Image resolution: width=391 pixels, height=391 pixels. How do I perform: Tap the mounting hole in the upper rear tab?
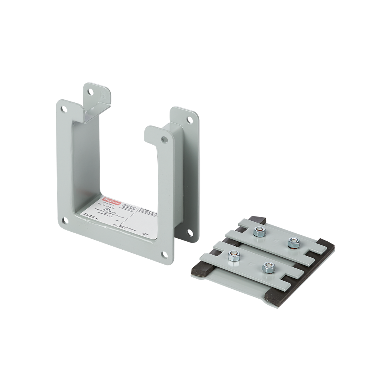[x=90, y=92]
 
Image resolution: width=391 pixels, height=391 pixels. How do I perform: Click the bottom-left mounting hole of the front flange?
[x=65, y=220]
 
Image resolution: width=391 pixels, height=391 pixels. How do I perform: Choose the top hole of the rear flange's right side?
[x=189, y=119]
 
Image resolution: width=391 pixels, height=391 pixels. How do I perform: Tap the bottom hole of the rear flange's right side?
[x=190, y=231]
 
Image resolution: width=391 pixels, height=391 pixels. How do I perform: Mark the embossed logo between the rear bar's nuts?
[x=276, y=236]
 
